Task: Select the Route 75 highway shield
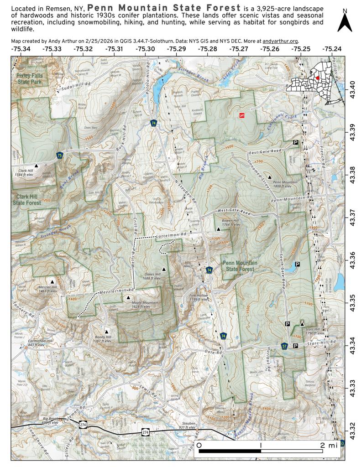pyautogui.click(x=60, y=156)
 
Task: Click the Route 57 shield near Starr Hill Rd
pyautogui.click(x=284, y=346)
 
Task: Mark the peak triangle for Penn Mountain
pyautogui.click(x=270, y=176)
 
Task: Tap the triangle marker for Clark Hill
pyautogui.click(x=37, y=165)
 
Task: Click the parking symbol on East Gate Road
pyautogui.click(x=296, y=143)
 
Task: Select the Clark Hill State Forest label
pyautogui.click(x=27, y=199)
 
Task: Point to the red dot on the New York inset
pyautogui.click(x=318, y=78)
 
